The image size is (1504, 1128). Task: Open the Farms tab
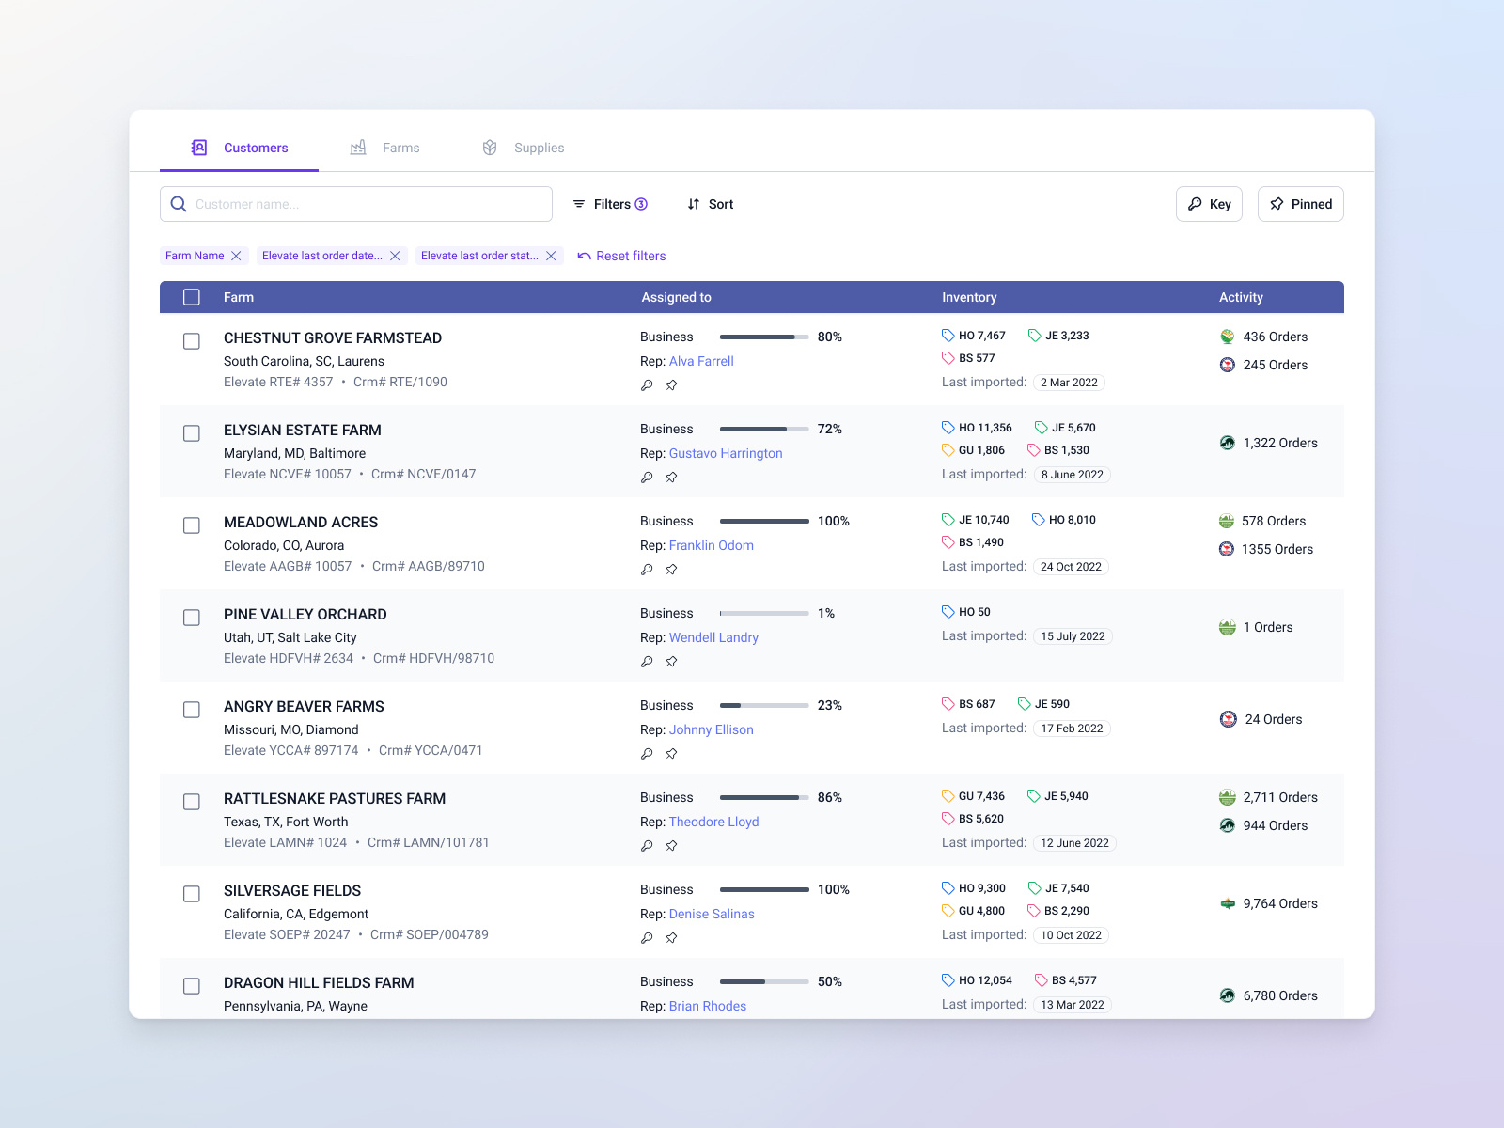(385, 148)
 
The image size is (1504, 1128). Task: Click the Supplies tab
(524, 148)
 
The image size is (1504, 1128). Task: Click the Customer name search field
(367, 204)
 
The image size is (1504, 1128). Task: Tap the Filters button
(610, 204)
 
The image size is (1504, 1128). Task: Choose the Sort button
(711, 204)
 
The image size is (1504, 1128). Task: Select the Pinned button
(1300, 204)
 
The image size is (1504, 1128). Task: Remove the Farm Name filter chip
(236, 256)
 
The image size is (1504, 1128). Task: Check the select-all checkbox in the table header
(192, 297)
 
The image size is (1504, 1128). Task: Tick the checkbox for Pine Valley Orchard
(192, 618)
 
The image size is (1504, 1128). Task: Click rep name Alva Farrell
(701, 361)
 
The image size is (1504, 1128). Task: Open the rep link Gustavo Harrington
(726, 453)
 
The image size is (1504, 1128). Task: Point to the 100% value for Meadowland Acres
(834, 521)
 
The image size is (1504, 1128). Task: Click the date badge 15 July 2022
(1073, 636)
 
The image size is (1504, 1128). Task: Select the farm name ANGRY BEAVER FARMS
(304, 706)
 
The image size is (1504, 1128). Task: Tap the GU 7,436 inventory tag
(974, 796)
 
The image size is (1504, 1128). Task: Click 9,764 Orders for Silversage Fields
(1279, 903)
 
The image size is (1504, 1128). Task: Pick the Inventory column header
(969, 297)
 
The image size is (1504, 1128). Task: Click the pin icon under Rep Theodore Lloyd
(671, 846)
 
